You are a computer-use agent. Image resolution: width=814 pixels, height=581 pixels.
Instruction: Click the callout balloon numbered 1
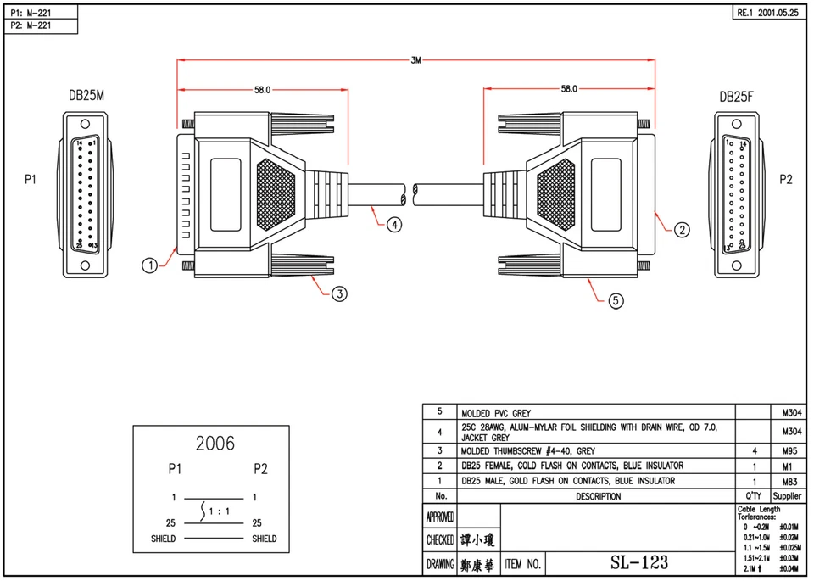coord(150,265)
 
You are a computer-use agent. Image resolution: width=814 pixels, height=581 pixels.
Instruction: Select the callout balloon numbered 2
coord(682,229)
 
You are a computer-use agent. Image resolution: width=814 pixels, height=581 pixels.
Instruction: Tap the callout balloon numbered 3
coord(339,293)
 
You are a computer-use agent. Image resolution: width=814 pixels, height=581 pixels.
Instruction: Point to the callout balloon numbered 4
coord(394,225)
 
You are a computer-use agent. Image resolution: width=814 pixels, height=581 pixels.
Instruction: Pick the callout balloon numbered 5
coord(616,299)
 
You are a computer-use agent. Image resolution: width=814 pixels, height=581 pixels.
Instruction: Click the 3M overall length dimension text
coord(415,60)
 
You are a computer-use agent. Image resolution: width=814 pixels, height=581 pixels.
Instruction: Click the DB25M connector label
coord(86,97)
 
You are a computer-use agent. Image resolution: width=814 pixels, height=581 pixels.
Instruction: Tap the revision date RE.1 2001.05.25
coord(767,14)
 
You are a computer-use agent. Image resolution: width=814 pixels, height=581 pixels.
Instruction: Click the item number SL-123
coord(639,562)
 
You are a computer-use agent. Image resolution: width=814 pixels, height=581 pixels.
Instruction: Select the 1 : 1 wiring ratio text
coord(220,511)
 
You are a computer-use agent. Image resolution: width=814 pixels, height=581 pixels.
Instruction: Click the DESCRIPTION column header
coord(598,496)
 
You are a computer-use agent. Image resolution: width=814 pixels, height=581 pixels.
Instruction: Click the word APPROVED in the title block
coord(438,517)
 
